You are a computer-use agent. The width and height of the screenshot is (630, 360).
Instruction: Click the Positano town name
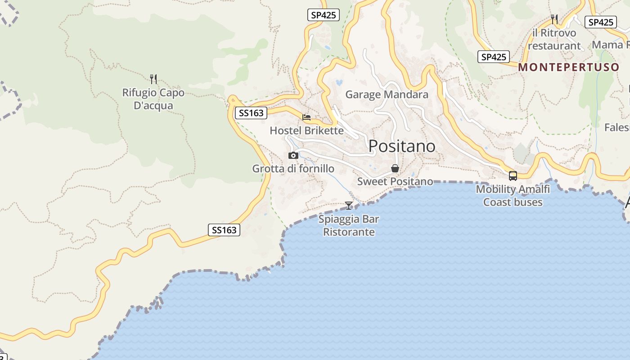402,146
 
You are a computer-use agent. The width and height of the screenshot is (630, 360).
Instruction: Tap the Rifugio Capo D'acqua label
153,99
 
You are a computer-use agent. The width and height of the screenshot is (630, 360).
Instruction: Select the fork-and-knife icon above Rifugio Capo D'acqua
153,79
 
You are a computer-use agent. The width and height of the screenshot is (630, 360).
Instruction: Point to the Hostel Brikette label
306,130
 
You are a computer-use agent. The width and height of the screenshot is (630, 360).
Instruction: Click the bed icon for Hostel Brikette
306,117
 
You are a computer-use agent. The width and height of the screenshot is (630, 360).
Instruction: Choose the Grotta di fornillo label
293,169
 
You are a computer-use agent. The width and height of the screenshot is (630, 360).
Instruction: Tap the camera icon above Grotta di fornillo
293,156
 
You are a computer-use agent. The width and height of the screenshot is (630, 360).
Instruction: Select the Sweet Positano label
395,181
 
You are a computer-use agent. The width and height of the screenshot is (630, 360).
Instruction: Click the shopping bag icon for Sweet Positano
395,169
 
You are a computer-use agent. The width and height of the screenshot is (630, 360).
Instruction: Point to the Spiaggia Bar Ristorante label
349,225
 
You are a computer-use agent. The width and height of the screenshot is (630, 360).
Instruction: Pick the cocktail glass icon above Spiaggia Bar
349,206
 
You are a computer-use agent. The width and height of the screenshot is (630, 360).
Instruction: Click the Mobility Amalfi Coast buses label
513,195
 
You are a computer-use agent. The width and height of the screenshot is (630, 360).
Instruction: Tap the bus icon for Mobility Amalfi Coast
513,176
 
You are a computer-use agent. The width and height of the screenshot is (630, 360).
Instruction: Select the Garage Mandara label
387,94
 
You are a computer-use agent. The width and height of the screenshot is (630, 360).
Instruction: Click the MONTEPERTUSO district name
569,67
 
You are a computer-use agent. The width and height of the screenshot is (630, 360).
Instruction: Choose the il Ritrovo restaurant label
554,39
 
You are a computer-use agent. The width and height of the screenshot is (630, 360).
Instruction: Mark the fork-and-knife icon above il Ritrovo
554,19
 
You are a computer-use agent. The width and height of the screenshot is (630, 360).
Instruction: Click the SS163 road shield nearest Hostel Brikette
251,113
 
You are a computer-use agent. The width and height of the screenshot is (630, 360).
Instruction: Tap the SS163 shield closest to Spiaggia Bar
224,230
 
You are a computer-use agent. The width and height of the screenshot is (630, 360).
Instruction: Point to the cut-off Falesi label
617,127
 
